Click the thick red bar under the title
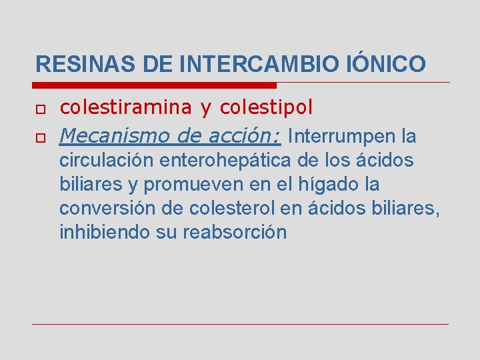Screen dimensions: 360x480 click(x=154, y=85)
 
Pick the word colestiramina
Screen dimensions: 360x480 click(x=117, y=107)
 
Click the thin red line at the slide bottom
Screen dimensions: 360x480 click(x=240, y=324)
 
